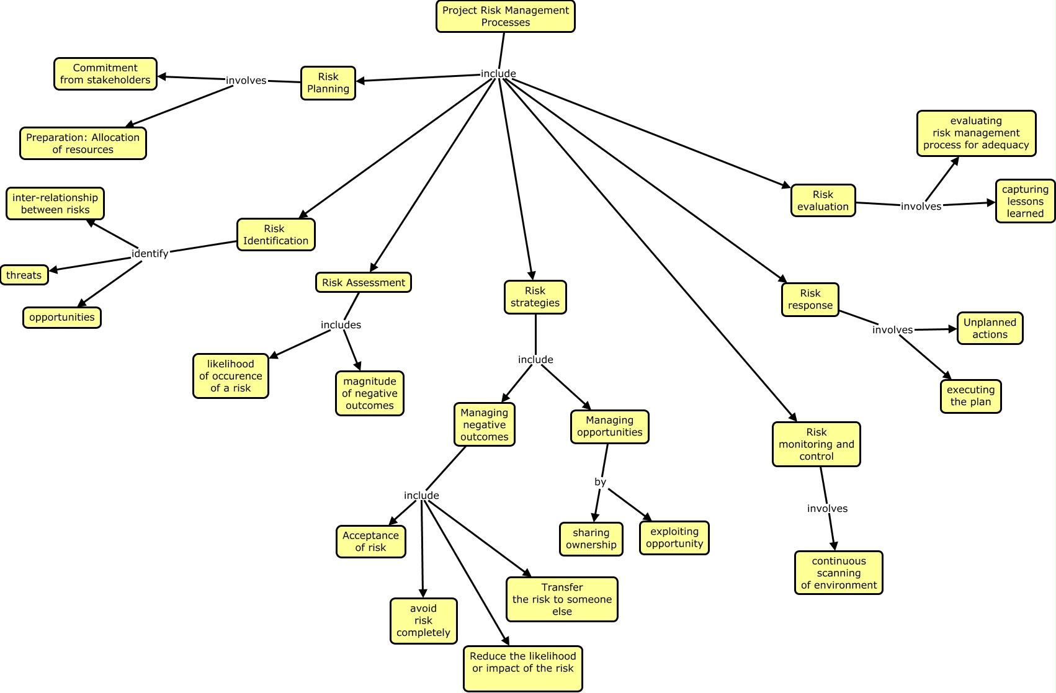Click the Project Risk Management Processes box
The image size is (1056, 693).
[x=505, y=16]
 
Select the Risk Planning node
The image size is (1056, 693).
[x=328, y=83]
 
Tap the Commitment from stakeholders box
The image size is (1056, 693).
[x=105, y=74]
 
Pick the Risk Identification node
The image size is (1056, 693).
[x=275, y=235]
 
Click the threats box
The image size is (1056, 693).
[x=24, y=275]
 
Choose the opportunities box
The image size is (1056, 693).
[x=62, y=317]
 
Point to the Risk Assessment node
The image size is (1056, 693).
[x=363, y=282]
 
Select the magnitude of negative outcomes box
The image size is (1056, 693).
[x=369, y=393]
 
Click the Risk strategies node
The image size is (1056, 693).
[x=535, y=297]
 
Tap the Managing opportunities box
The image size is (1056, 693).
[x=609, y=426]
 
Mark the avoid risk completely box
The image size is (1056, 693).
[x=423, y=620]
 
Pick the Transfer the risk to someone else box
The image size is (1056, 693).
[x=562, y=599]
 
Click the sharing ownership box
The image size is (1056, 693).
[x=591, y=539]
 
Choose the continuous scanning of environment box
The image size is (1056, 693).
[x=838, y=573]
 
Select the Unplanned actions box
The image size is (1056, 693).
[x=990, y=328]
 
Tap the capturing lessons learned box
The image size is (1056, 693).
[x=1024, y=201]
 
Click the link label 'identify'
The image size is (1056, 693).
[x=150, y=253]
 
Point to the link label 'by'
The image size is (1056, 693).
[x=600, y=482]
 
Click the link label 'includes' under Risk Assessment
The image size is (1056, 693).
[x=341, y=324]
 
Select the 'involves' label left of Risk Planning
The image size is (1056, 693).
[x=246, y=80]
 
